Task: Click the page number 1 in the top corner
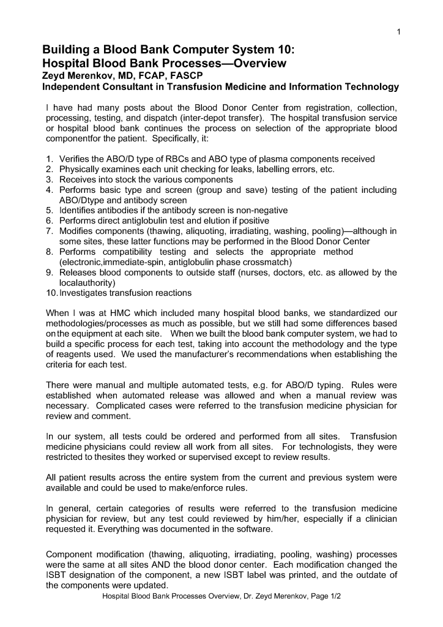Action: coord(398,32)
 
